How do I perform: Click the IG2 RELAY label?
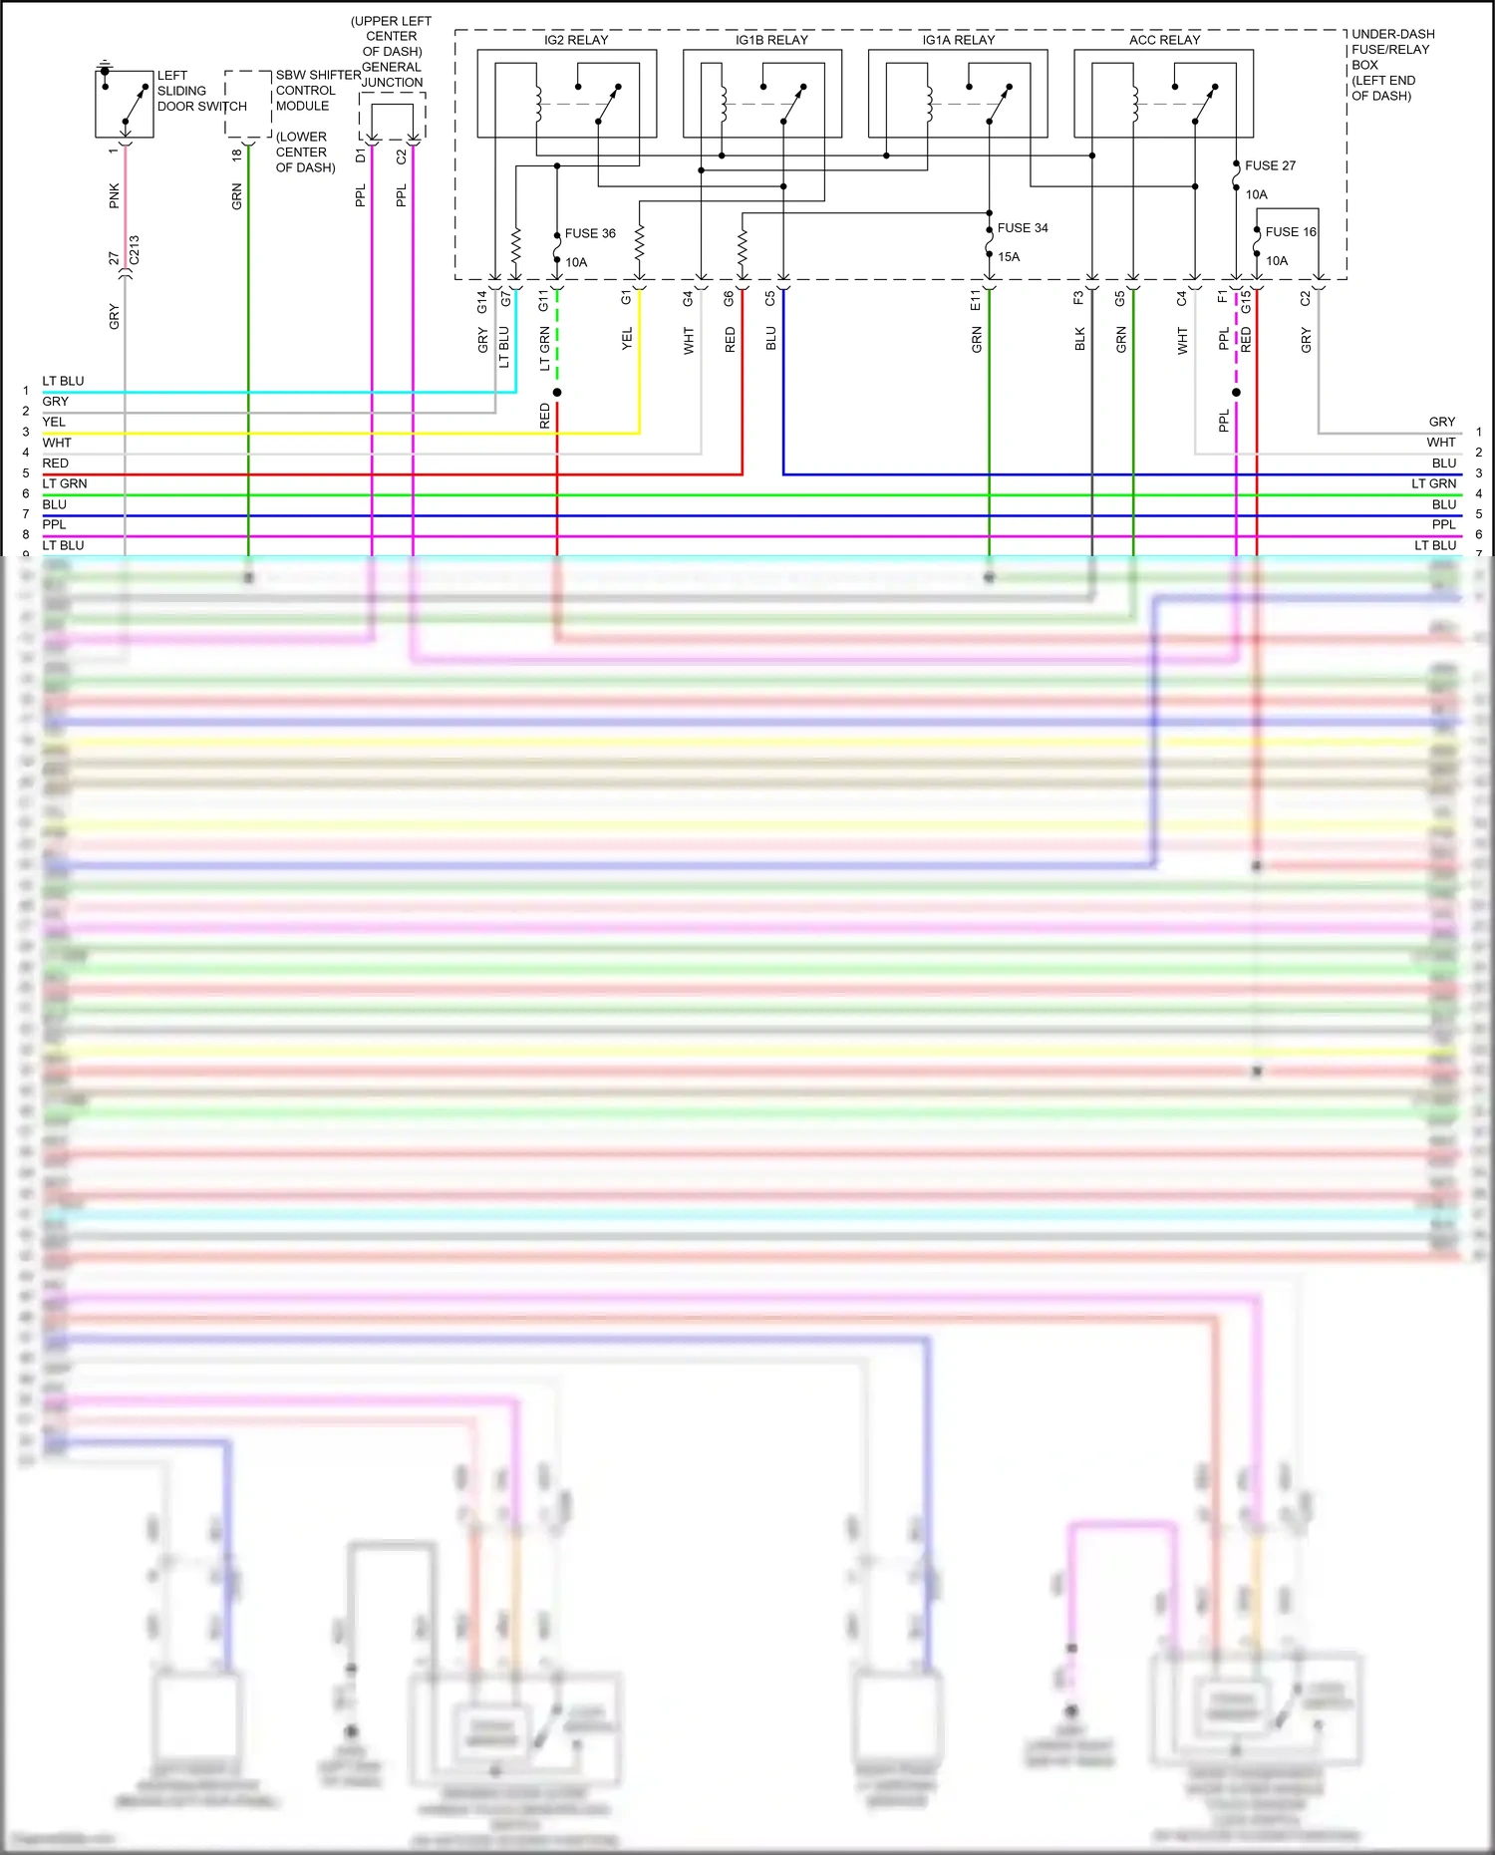pyautogui.click(x=576, y=40)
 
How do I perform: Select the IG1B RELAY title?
pyautogui.click(x=771, y=40)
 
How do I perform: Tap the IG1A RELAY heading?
pyautogui.click(x=958, y=40)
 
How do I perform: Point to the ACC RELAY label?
pyautogui.click(x=1164, y=40)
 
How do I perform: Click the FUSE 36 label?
pyautogui.click(x=590, y=233)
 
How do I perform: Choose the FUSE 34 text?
pyautogui.click(x=1023, y=228)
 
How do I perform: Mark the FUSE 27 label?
pyautogui.click(x=1270, y=165)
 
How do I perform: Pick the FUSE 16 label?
pyautogui.click(x=1291, y=232)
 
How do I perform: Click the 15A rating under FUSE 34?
pyautogui.click(x=1009, y=257)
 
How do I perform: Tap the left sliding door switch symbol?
pyautogui.click(x=125, y=104)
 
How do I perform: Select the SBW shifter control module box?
pyautogui.click(x=248, y=104)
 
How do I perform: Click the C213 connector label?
pyautogui.click(x=135, y=250)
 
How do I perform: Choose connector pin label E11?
pyautogui.click(x=977, y=300)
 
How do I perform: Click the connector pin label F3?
pyautogui.click(x=1078, y=297)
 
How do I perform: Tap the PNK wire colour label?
pyautogui.click(x=115, y=195)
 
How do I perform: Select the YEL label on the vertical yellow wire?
pyautogui.click(x=627, y=339)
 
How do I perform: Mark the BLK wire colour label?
pyautogui.click(x=1080, y=340)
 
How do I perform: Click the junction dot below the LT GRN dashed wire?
pyautogui.click(x=557, y=393)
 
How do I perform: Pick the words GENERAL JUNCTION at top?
pyautogui.click(x=392, y=75)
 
